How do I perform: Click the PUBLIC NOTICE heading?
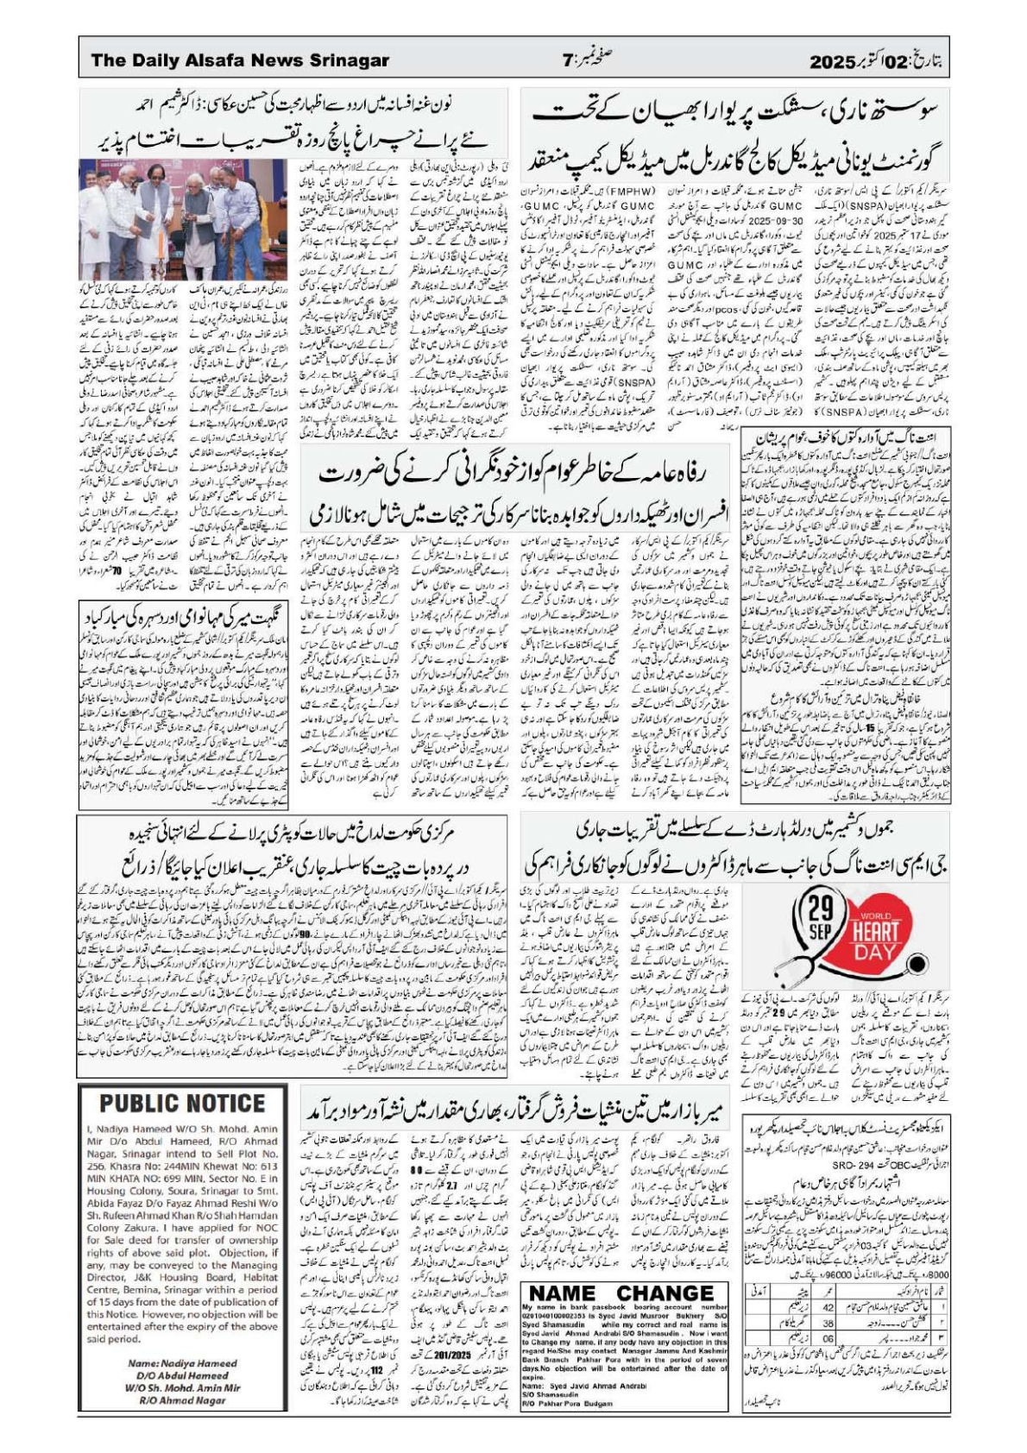pos(182,1104)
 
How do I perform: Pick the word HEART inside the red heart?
pos(875,931)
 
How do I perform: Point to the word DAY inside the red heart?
pos(875,952)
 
